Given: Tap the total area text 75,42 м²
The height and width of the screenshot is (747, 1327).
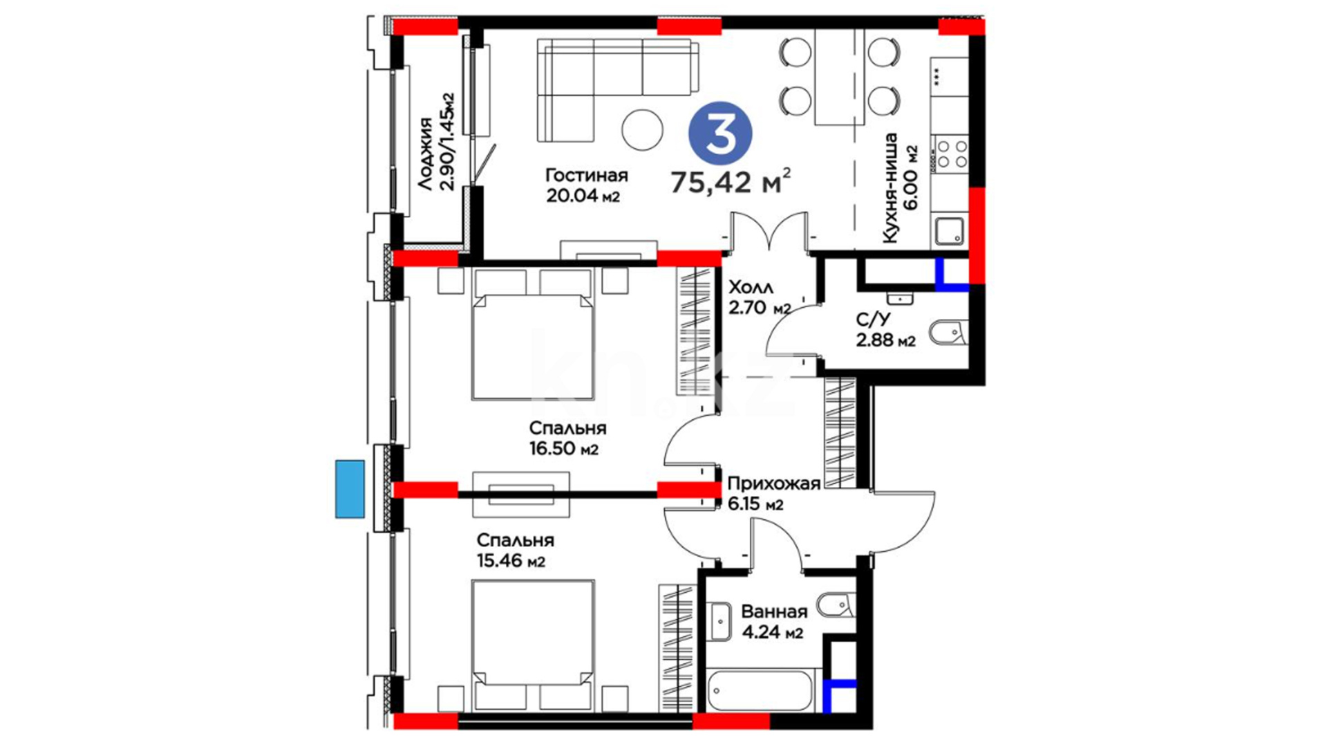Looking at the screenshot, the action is click(731, 182).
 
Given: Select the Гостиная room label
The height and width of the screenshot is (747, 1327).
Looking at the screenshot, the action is click(586, 176).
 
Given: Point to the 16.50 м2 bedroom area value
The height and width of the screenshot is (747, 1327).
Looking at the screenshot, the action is click(564, 448).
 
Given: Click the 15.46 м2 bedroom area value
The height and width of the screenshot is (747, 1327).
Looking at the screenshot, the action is click(511, 560).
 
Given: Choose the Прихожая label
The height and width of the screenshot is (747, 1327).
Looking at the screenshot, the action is click(773, 483).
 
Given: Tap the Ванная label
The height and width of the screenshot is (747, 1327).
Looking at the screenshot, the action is click(774, 611).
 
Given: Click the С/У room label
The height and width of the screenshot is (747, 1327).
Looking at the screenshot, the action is click(874, 319).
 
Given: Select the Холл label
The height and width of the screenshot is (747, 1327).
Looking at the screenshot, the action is click(751, 287).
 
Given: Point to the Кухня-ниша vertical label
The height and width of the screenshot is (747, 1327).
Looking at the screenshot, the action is click(890, 188).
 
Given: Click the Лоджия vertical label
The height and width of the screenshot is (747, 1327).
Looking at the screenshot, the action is click(425, 154).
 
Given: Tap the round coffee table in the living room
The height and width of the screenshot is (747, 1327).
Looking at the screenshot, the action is click(642, 130).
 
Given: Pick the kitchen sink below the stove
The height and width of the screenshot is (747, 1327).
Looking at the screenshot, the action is click(950, 231).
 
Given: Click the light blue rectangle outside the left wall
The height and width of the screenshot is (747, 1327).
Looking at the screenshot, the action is click(350, 489).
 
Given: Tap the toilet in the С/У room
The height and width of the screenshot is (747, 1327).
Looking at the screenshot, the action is click(949, 333).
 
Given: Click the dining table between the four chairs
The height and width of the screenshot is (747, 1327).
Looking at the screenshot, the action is click(840, 77).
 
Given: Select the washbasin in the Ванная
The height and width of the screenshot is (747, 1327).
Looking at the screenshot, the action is click(720, 622).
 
